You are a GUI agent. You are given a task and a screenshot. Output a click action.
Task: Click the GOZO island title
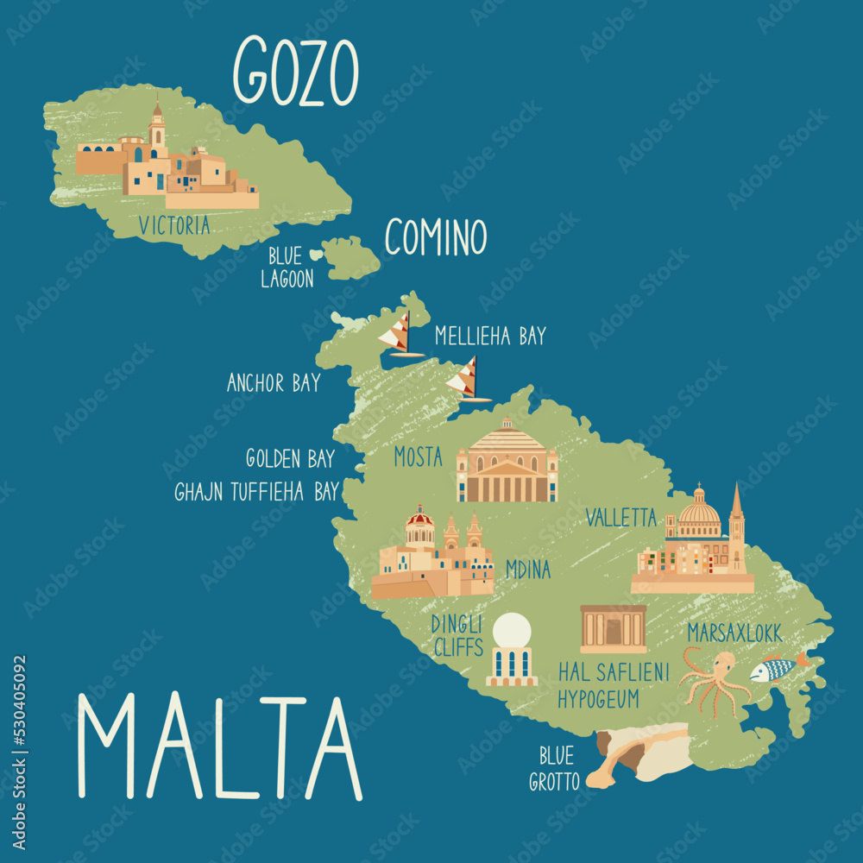(x=296, y=71)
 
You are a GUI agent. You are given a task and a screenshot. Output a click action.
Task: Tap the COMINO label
(x=435, y=237)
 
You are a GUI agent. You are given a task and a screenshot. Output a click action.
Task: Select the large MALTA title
(x=219, y=747)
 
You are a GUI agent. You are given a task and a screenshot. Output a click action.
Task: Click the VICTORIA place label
(x=173, y=226)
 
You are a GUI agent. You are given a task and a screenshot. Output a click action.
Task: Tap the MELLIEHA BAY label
(x=490, y=336)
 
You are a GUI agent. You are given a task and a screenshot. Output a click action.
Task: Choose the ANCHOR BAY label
(x=274, y=383)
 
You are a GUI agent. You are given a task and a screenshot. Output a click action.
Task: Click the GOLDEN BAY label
(x=290, y=458)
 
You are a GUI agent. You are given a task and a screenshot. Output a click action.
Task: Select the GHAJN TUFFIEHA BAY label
(x=256, y=492)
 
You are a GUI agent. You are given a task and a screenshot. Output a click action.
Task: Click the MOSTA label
(x=418, y=457)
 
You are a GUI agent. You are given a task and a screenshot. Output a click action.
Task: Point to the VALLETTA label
(x=621, y=517)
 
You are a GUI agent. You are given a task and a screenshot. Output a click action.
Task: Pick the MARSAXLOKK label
(x=734, y=633)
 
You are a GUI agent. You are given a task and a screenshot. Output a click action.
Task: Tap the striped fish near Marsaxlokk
(x=773, y=669)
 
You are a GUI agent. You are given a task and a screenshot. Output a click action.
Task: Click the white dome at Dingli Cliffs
(x=512, y=631)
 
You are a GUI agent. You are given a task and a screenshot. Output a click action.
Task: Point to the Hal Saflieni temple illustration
(x=614, y=629)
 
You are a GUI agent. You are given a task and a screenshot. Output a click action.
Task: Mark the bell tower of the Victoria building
(x=157, y=129)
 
